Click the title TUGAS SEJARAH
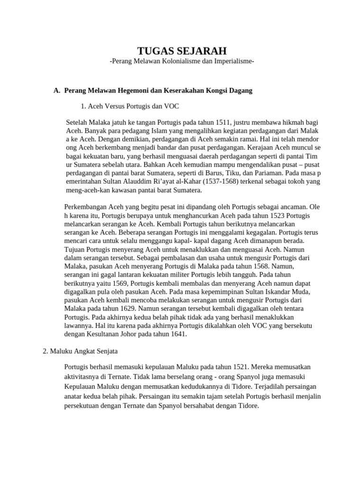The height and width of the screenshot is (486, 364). pyautogui.click(x=182, y=51)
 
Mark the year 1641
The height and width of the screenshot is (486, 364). pyautogui.click(x=177, y=335)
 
